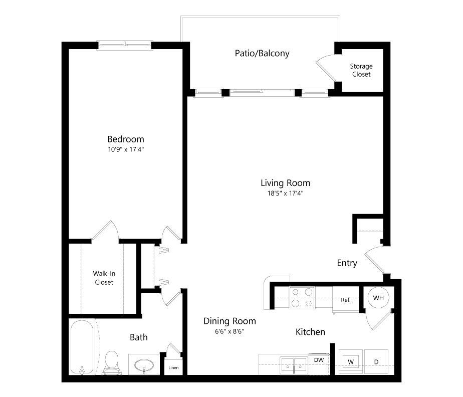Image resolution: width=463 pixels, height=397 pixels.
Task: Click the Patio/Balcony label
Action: click(262, 53)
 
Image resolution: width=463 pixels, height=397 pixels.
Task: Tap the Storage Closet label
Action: click(361, 70)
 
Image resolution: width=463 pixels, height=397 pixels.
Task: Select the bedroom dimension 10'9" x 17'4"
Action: click(126, 149)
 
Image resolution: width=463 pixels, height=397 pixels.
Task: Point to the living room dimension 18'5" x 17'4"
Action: click(285, 193)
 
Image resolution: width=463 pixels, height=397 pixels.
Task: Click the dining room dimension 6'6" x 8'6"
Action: click(229, 331)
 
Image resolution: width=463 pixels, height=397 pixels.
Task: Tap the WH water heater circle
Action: click(378, 298)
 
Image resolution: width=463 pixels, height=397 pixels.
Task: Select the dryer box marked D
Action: click(376, 361)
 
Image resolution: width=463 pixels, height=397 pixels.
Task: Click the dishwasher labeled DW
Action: click(318, 360)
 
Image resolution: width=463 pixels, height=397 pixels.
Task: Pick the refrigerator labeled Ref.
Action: click(345, 300)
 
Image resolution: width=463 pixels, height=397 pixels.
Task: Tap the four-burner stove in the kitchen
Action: click(302, 297)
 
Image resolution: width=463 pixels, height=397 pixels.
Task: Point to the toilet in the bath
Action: click(111, 363)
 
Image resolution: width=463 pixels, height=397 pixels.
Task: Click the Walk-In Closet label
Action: click(103, 278)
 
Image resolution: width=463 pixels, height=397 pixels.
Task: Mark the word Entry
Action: click(347, 263)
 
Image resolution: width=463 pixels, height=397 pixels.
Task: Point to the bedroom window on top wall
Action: click(124, 46)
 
